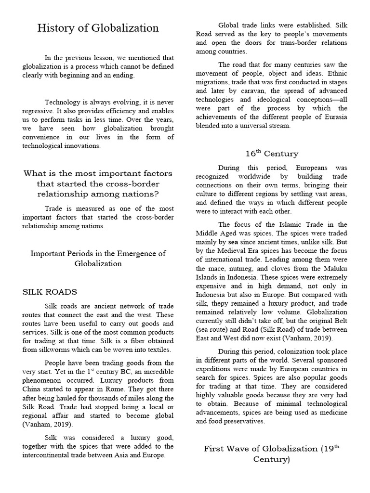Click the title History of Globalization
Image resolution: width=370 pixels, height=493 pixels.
tap(98, 28)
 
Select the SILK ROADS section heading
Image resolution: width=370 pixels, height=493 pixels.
tap(50, 292)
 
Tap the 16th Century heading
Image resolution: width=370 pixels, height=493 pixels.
tap(272, 154)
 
